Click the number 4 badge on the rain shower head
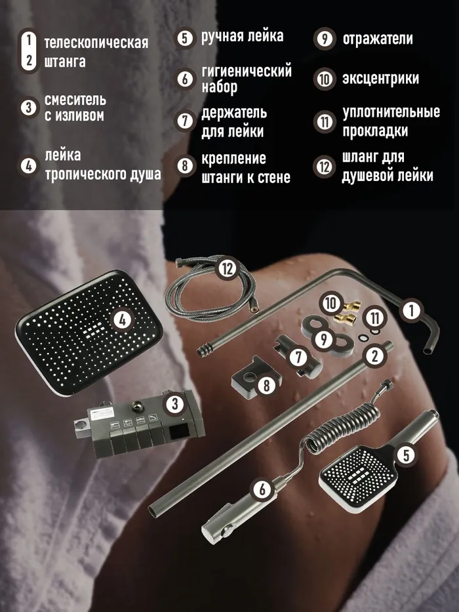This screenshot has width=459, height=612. click(123, 321)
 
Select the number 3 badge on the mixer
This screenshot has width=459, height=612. click(174, 404)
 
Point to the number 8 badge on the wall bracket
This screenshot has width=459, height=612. click(267, 385)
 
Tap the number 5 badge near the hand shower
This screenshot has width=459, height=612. click(406, 455)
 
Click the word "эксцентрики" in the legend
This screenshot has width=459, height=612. click(380, 79)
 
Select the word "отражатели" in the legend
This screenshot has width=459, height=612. click(378, 39)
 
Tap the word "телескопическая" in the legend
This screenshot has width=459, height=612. click(96, 43)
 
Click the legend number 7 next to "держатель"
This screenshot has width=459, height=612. click(185, 121)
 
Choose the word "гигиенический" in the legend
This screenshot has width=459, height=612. click(247, 71)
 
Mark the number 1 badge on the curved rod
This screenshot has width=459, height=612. click(411, 311)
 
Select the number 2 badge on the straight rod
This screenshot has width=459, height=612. click(374, 356)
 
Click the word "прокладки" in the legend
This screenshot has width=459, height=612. click(375, 131)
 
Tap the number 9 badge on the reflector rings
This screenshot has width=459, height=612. click(323, 339)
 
